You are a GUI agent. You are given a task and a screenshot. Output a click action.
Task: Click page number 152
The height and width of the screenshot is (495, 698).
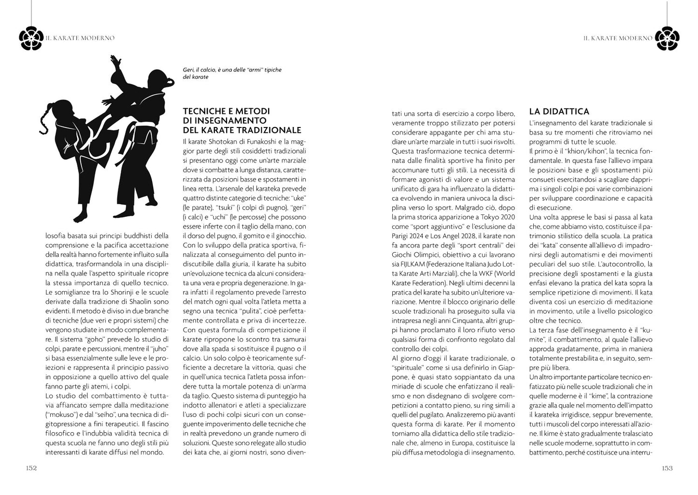coord(31,468)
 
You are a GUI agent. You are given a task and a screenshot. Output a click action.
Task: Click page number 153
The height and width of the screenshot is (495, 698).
coord(667,468)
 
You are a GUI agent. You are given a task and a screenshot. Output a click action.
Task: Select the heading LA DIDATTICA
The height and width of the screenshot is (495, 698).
coord(559,112)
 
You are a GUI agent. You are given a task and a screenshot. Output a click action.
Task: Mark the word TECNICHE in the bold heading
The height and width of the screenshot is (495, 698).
coord(205,112)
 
